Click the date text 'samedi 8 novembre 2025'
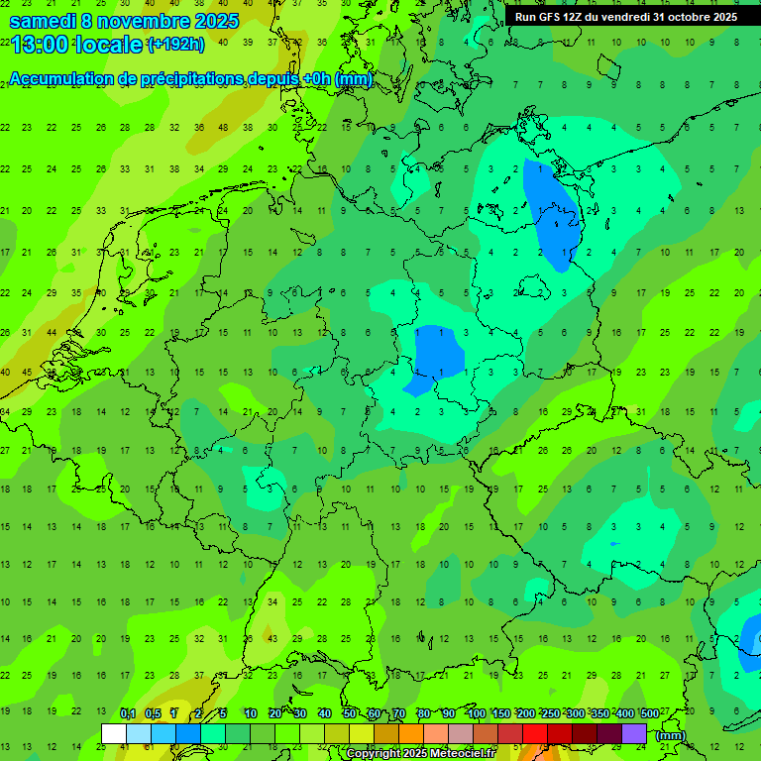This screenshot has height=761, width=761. tap(124, 20)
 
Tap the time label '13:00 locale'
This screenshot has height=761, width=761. tap(77, 43)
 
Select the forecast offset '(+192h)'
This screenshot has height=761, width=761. tap(175, 44)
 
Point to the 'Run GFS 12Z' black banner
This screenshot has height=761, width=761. tap(626, 16)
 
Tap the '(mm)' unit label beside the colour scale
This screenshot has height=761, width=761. tap(671, 735)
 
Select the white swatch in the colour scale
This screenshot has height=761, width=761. tap(114, 733)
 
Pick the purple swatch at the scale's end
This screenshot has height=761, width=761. tap(634, 733)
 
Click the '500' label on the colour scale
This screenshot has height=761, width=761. tap(650, 713)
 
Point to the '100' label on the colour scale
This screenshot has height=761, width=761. tap(476, 713)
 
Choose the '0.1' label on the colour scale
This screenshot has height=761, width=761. tap(128, 713)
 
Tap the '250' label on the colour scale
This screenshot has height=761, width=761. tap(551, 713)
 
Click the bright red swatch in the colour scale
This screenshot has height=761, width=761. tap(535, 733)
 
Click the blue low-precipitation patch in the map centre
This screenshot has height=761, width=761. tap(439, 351)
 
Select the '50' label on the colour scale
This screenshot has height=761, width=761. tap(350, 713)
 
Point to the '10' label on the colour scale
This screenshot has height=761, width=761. tap(251, 713)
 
